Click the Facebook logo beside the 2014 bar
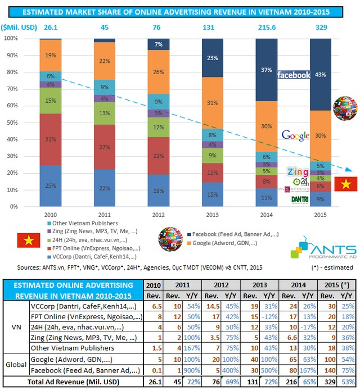[294, 75]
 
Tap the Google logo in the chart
[295, 135]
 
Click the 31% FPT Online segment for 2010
[50, 139]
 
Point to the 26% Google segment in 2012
[159, 72]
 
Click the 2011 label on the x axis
[104, 214]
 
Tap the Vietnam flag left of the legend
[26, 241]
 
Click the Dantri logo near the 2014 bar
[300, 199]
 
